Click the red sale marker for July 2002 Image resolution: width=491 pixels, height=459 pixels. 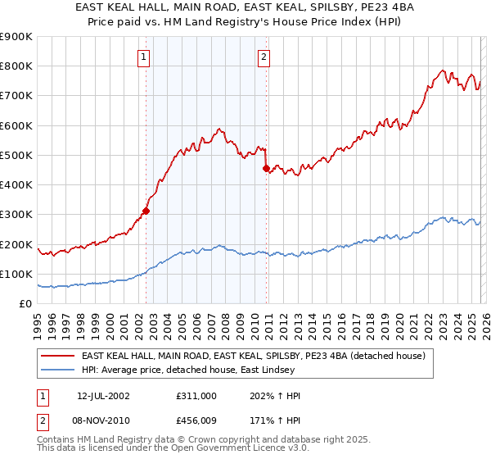146,211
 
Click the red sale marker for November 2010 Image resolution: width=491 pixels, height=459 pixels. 267,168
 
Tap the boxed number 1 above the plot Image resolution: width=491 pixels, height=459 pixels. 143,57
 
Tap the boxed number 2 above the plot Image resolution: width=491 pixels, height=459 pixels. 264,57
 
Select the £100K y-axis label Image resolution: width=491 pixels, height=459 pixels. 16,274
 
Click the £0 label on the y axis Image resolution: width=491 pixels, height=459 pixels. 25,303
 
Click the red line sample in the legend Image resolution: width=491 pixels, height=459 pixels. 58,357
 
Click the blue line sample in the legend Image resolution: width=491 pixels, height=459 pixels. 58,370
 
